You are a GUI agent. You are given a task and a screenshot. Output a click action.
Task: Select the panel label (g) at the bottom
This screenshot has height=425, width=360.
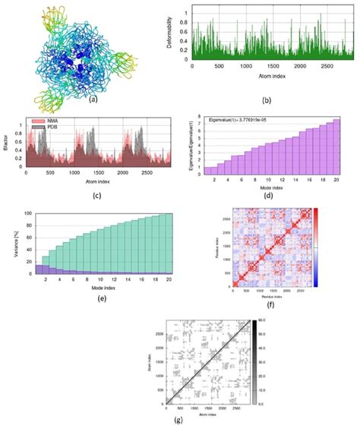click(178, 418)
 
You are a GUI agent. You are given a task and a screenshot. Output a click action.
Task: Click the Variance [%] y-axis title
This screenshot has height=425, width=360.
click(15, 243)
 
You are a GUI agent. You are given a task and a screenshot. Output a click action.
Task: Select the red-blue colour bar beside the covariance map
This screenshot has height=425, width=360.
click(316, 248)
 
